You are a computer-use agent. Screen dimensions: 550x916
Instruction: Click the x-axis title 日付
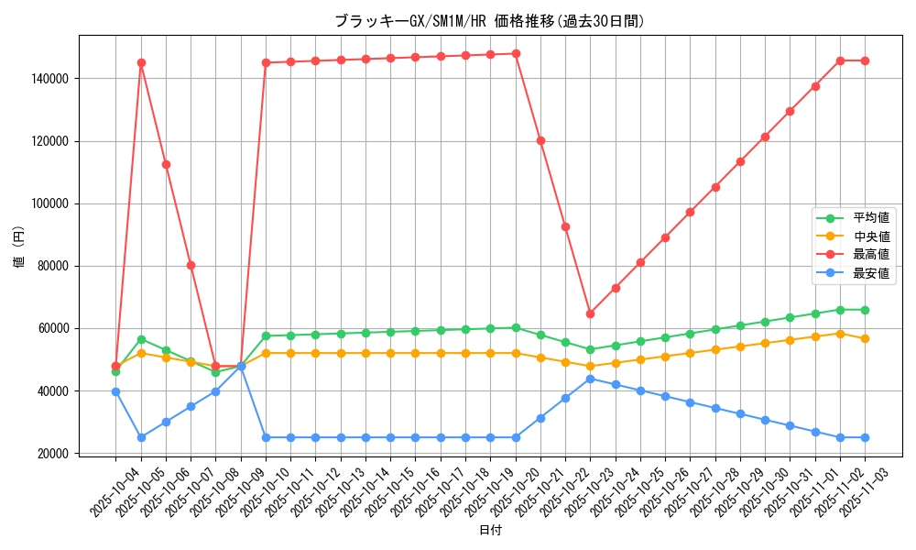pyautogui.click(x=490, y=530)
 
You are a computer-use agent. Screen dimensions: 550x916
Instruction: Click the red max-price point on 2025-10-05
pyautogui.click(x=141, y=63)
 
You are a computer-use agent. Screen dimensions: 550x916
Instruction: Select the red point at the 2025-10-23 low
pyautogui.click(x=590, y=313)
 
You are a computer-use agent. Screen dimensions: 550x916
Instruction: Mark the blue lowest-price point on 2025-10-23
pyautogui.click(x=590, y=379)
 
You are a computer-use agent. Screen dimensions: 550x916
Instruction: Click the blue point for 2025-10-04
pyautogui.click(x=115, y=391)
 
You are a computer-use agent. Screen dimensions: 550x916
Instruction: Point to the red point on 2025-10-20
pyautogui.click(x=516, y=53)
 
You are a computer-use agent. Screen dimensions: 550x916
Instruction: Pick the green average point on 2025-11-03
pyautogui.click(x=865, y=310)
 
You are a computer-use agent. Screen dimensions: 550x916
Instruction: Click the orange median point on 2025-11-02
pyautogui.click(x=840, y=334)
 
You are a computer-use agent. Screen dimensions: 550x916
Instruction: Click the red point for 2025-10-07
pyautogui.click(x=191, y=265)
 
